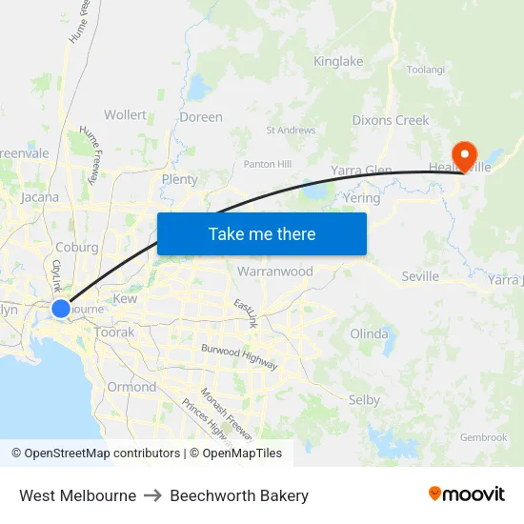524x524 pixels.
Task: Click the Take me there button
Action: tap(262, 233)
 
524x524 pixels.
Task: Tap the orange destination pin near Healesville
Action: tap(464, 154)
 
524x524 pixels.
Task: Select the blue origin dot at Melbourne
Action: tap(60, 309)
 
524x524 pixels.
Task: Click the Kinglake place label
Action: tap(338, 62)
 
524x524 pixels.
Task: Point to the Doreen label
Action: tap(201, 117)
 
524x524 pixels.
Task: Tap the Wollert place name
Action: tap(126, 115)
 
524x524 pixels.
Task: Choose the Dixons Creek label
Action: tap(391, 121)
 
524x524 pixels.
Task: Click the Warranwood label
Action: tap(275, 272)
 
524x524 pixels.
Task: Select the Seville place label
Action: tap(420, 276)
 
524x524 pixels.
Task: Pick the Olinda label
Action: tap(369, 334)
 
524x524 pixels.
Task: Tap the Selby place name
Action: tap(364, 400)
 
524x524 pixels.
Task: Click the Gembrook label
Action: tap(483, 437)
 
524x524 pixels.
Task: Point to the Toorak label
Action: tap(115, 333)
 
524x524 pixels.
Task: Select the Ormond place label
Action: tap(131, 387)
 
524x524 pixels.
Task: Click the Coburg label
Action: tap(77, 247)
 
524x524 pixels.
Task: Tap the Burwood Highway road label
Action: tap(239, 357)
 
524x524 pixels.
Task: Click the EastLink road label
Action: tap(246, 313)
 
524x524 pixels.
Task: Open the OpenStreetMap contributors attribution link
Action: tap(100, 453)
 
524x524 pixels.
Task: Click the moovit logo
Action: tap(467, 494)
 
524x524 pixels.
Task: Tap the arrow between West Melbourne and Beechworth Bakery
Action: tap(153, 495)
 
